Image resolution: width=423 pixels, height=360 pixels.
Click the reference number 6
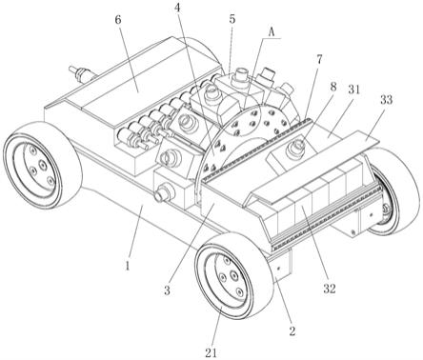point(118,21)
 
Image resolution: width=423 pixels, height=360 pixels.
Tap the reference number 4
point(179,9)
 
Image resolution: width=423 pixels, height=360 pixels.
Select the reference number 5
point(232,19)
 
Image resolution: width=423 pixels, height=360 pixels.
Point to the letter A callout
point(272,31)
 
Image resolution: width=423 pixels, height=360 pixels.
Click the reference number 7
point(319,59)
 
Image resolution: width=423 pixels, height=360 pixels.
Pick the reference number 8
point(332,87)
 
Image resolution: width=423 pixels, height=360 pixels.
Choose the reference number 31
point(354,90)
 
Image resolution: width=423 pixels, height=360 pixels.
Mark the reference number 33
point(386,100)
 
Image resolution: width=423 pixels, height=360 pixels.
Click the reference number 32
point(330,288)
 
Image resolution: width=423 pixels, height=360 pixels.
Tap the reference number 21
point(211,352)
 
